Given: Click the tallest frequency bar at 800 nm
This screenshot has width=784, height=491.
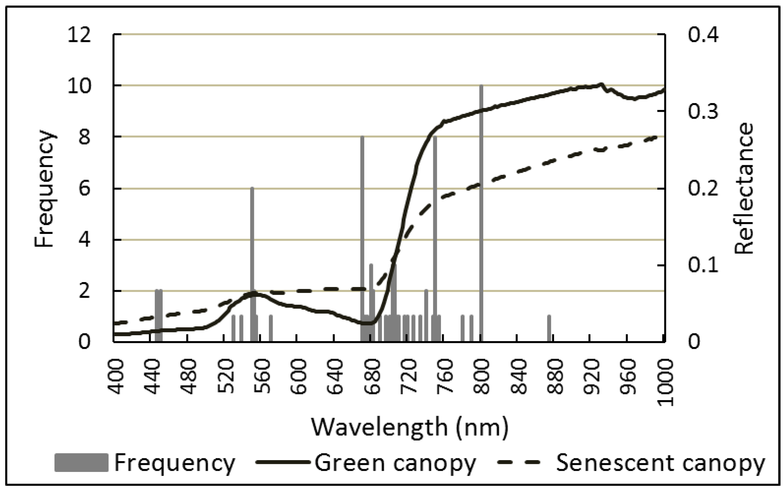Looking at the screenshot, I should click(x=481, y=215).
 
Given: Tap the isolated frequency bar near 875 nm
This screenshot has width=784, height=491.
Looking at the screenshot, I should click(x=549, y=328).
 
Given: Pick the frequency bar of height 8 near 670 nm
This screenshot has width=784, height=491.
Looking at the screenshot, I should click(x=362, y=239).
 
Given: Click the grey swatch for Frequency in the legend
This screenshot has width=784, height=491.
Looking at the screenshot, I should click(x=81, y=463).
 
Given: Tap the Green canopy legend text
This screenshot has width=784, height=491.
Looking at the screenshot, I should click(x=395, y=463).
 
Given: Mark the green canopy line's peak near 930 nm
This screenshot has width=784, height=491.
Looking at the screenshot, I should click(x=601, y=84).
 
